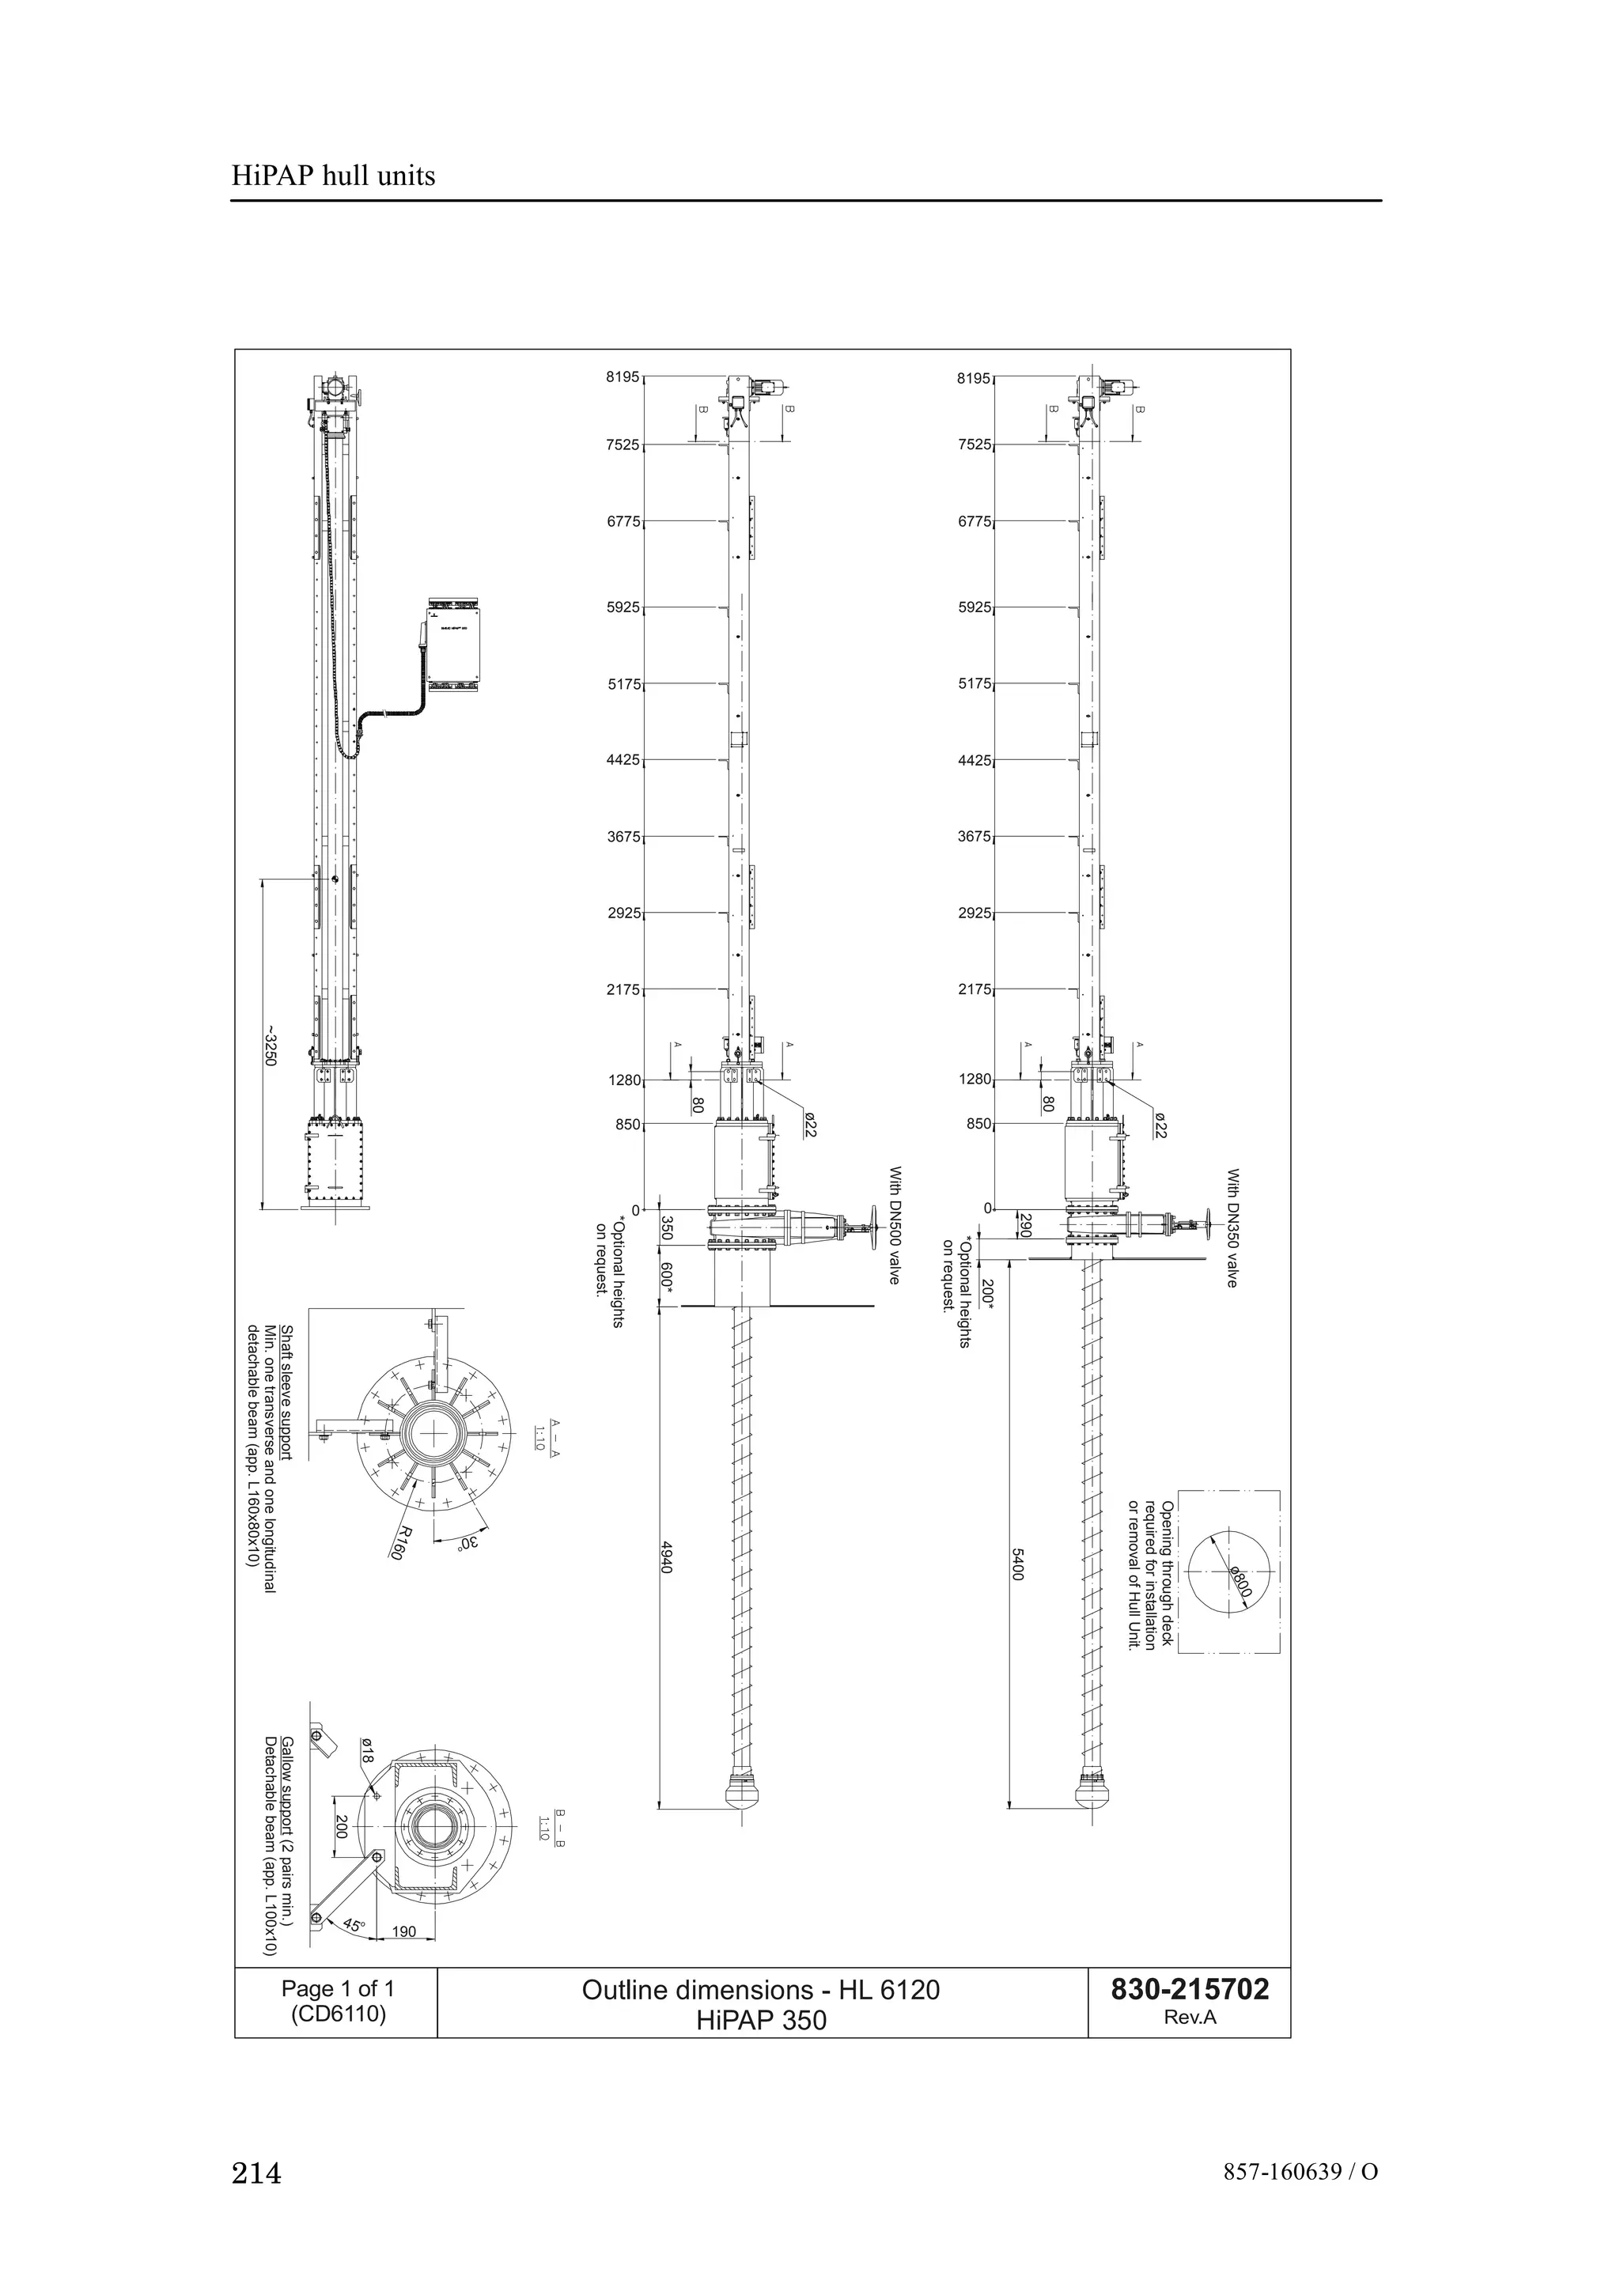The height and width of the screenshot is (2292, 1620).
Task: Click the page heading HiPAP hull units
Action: tap(333, 176)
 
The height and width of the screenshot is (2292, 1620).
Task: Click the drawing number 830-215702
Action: tap(1190, 1990)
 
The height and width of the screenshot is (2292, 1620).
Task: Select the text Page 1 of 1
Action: tap(338, 1988)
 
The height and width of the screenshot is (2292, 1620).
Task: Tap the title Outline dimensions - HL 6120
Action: tap(761, 1991)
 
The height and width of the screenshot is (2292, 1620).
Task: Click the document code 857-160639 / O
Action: tap(1300, 2173)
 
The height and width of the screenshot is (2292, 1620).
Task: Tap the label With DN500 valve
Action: tap(895, 1226)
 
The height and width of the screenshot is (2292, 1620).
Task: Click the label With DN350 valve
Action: tap(1232, 1227)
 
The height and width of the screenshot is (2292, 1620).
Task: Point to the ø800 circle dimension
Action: tap(1240, 1583)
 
